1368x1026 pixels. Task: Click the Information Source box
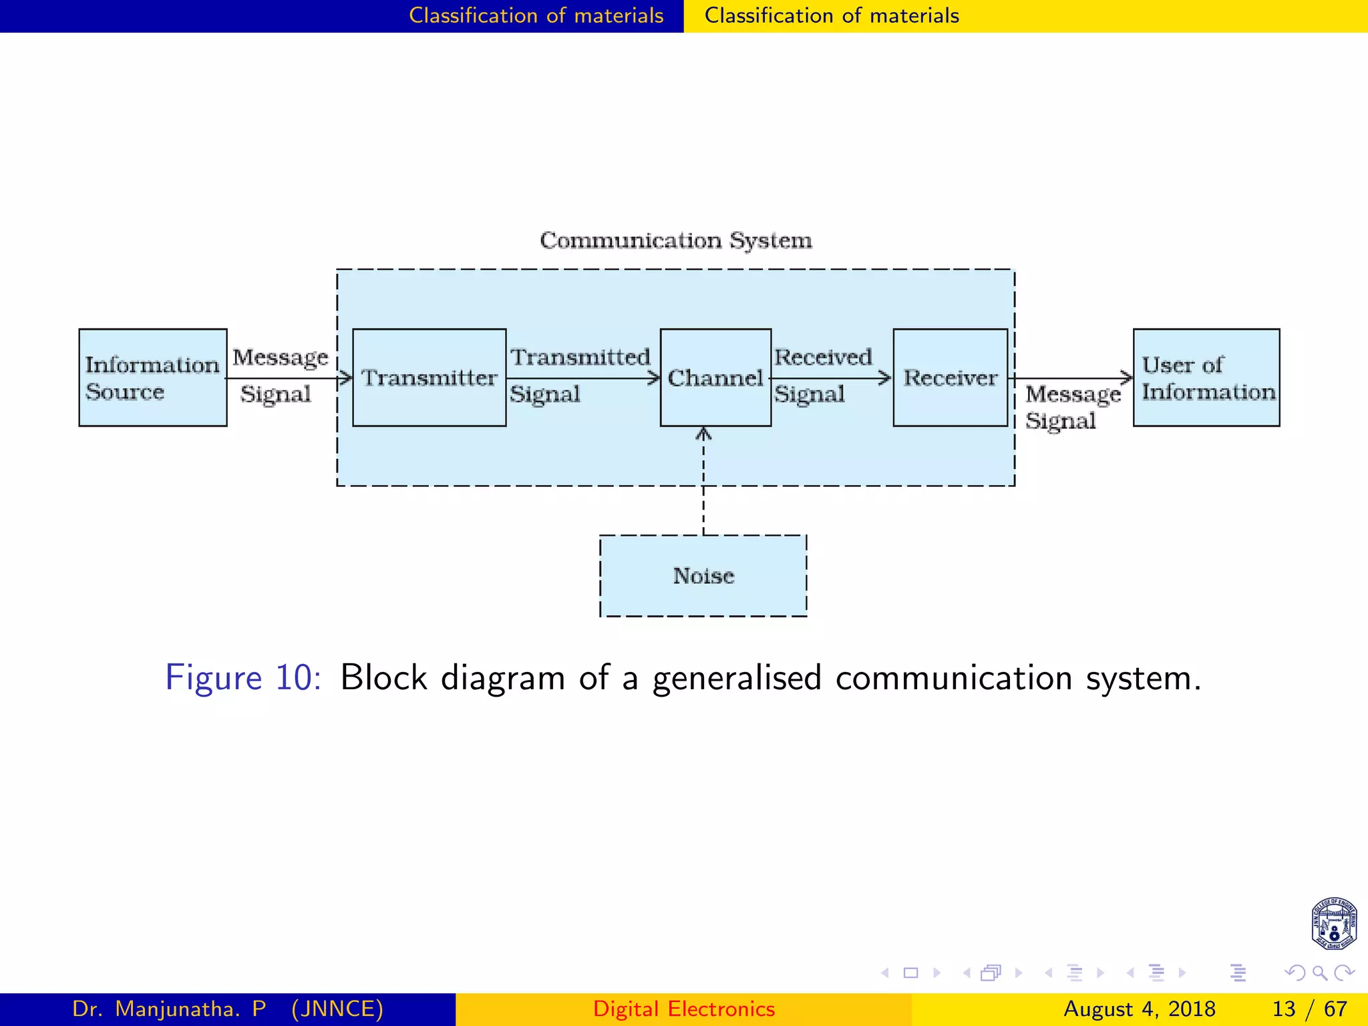pyautogui.click(x=152, y=377)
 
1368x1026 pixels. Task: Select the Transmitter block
pyautogui.click(x=429, y=377)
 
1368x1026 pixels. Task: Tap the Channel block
pyautogui.click(x=715, y=377)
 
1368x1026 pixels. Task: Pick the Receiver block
pyautogui.click(x=950, y=377)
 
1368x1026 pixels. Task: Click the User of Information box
pyautogui.click(x=1206, y=377)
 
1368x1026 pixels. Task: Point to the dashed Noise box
pyautogui.click(x=703, y=576)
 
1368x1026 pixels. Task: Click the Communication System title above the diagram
pyautogui.click(x=676, y=240)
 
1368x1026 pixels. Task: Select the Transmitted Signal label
pyautogui.click(x=579, y=375)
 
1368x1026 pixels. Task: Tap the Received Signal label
pyautogui.click(x=823, y=375)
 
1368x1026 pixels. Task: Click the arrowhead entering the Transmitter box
pyautogui.click(x=347, y=379)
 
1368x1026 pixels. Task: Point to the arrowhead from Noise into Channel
pyautogui.click(x=703, y=434)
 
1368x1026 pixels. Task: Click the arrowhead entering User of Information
pyautogui.click(x=1128, y=379)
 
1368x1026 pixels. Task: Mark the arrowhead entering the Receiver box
pyautogui.click(x=886, y=379)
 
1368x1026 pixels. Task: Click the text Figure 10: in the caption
pyautogui.click(x=243, y=678)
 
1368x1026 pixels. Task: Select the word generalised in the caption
pyautogui.click(x=737, y=678)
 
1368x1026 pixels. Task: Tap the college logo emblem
pyautogui.click(x=1333, y=924)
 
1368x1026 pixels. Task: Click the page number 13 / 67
pyautogui.click(x=1309, y=1009)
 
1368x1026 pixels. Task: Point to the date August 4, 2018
pyautogui.click(x=1139, y=1009)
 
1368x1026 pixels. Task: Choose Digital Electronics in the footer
pyautogui.click(x=684, y=1009)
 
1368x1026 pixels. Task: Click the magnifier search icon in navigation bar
pyautogui.click(x=1319, y=973)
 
